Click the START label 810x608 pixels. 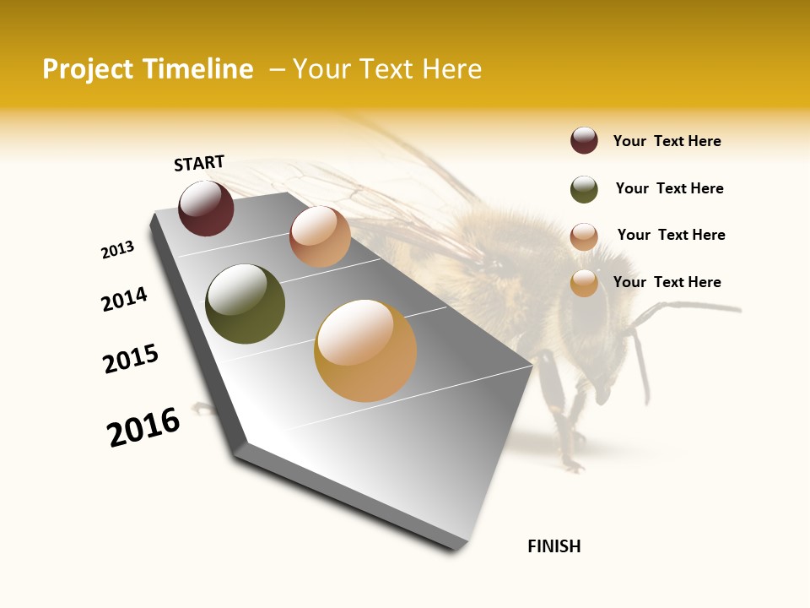click(x=199, y=163)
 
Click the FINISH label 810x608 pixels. click(x=554, y=546)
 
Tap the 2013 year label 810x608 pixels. click(x=118, y=250)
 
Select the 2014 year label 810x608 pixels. click(x=125, y=299)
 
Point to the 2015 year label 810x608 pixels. click(x=131, y=359)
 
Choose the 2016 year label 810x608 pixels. click(x=143, y=427)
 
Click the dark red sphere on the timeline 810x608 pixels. click(x=206, y=208)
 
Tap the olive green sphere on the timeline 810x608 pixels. click(x=245, y=304)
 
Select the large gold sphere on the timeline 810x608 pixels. click(x=365, y=350)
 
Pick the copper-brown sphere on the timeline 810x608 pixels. click(x=320, y=236)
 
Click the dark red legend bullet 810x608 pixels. click(x=584, y=140)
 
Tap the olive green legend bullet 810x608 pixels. click(x=584, y=189)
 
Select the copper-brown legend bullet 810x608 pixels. click(x=584, y=236)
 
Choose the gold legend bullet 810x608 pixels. click(x=584, y=283)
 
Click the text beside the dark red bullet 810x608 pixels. click(x=667, y=141)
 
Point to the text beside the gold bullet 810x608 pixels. click(x=667, y=282)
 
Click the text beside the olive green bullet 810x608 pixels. click(x=669, y=188)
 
